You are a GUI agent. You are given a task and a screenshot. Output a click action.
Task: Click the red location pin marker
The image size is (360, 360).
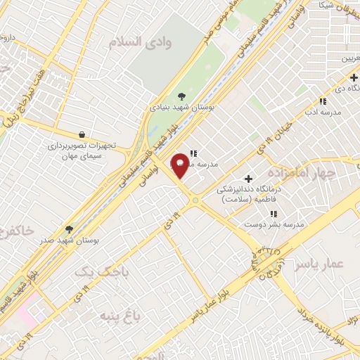pos(181,165)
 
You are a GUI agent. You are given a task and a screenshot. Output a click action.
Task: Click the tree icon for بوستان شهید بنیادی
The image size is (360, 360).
pos(182,95)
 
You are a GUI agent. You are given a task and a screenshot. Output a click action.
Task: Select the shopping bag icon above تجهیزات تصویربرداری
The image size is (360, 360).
pos(82,134)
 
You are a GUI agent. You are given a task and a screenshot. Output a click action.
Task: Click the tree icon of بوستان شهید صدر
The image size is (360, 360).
pos(69,229)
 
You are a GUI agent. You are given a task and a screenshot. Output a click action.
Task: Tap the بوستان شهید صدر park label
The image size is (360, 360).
pos(70,240)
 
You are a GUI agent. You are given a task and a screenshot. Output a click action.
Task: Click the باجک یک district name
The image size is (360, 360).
pos(94,271)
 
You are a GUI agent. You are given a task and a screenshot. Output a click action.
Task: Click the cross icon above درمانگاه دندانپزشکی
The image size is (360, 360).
pos(247,179)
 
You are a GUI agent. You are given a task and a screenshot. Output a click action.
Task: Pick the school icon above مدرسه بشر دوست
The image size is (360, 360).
pos(274,214)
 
